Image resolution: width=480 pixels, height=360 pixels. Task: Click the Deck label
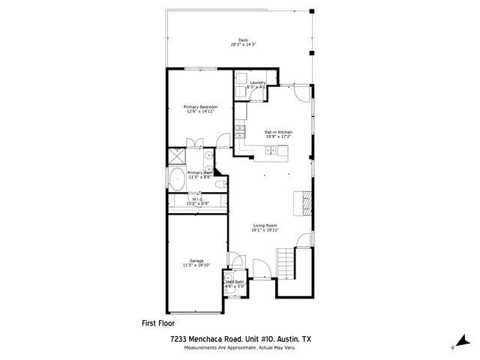[x=242, y=40]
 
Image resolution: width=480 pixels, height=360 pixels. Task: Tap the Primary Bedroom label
[x=200, y=107]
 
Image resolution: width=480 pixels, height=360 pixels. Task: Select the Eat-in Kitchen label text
[x=277, y=132]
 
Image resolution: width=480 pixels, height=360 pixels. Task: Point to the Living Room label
[x=265, y=225]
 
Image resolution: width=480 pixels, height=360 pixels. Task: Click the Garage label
[x=196, y=260]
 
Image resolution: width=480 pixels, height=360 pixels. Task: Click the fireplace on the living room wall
[x=304, y=202]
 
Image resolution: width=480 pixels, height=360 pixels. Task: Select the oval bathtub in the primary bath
[x=177, y=180]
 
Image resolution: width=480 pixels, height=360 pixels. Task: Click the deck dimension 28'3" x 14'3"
[x=243, y=45]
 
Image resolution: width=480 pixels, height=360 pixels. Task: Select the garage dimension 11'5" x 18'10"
[x=196, y=265]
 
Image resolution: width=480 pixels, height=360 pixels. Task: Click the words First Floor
[x=158, y=323]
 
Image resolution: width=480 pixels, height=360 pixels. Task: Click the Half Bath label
[x=234, y=282]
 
